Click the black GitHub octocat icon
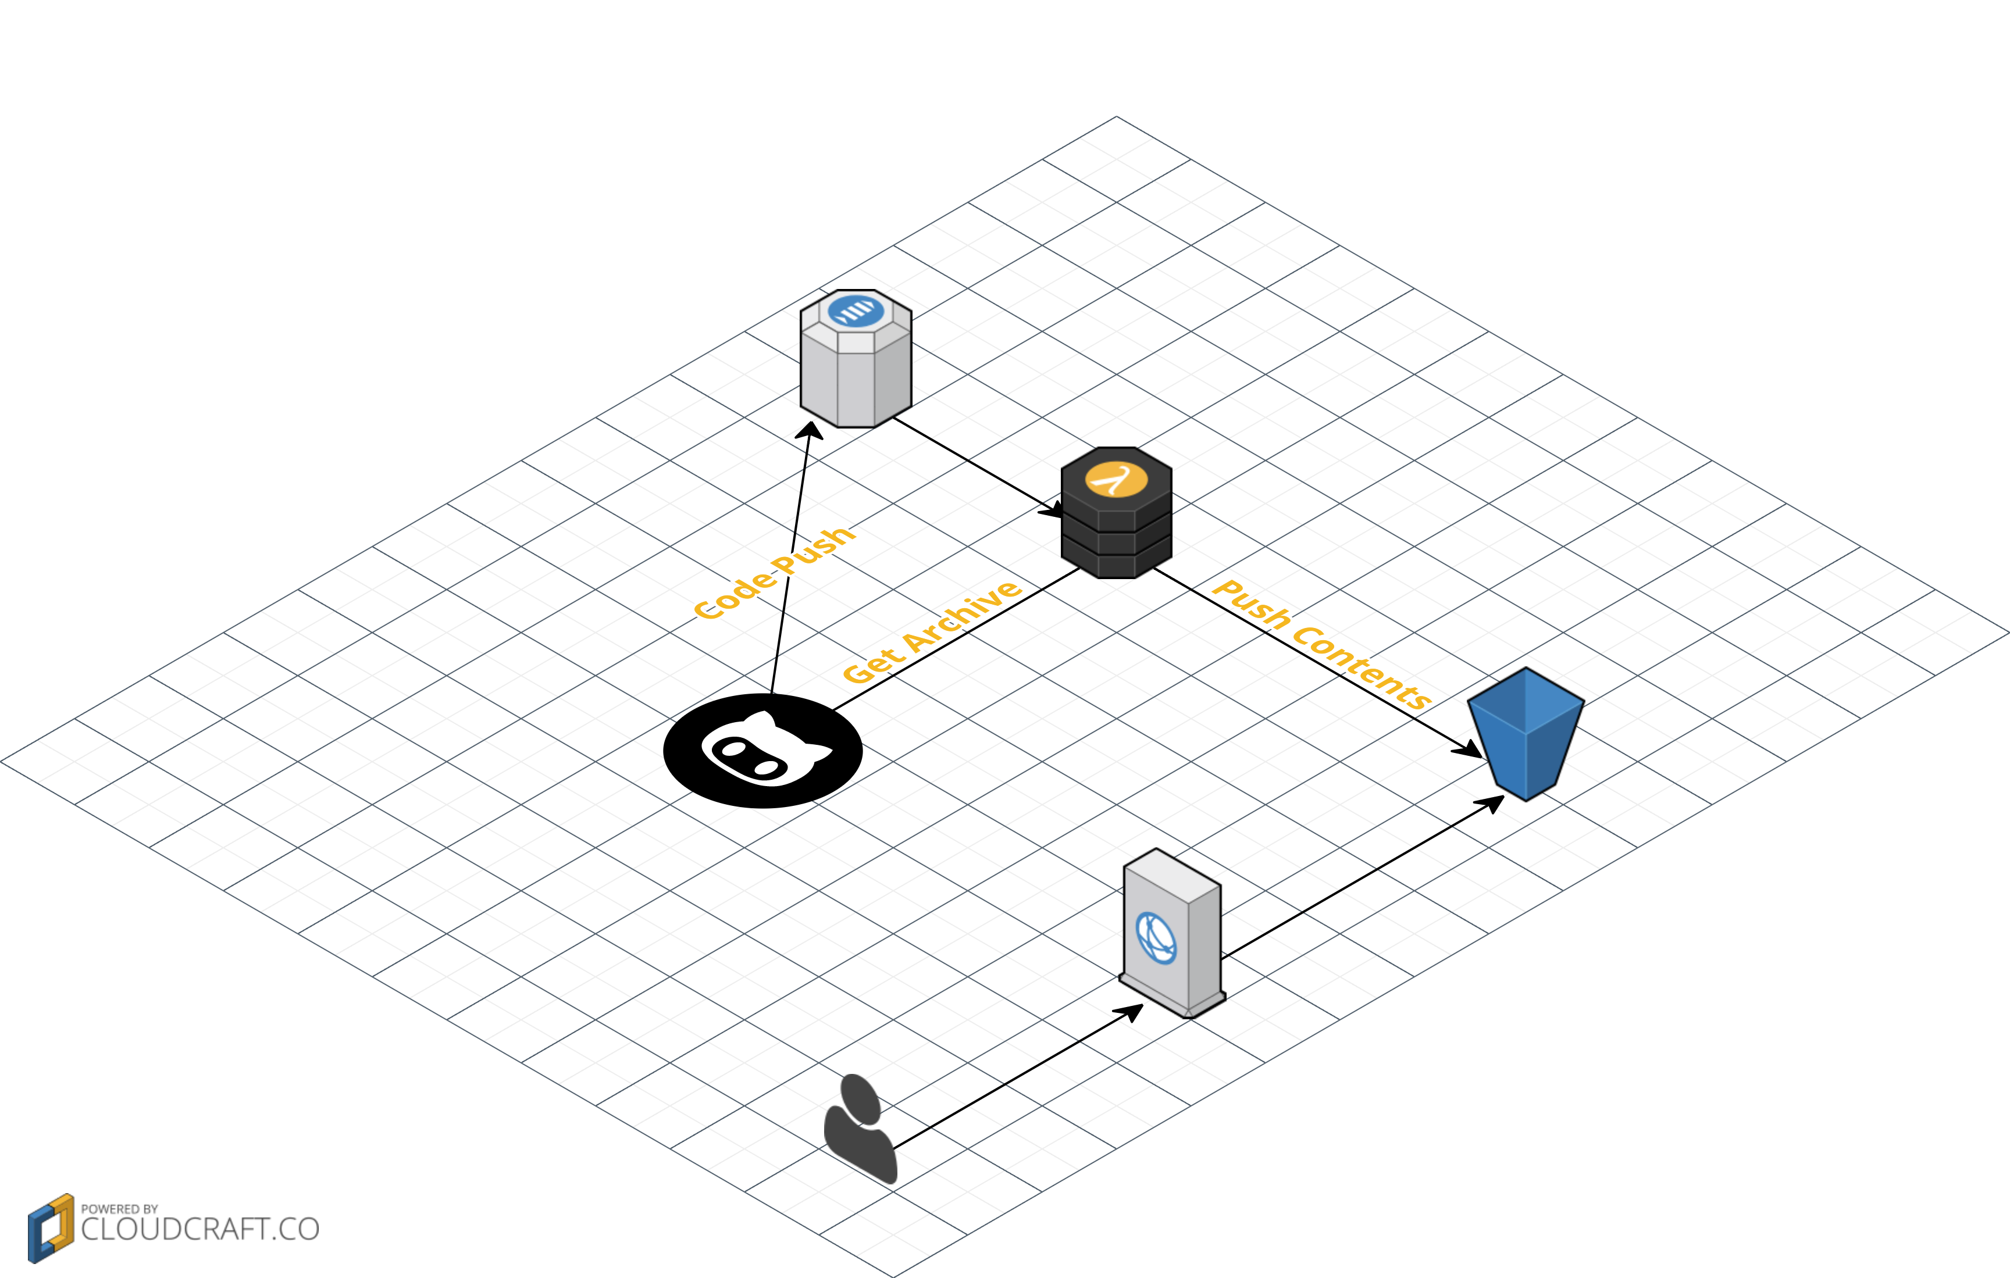(762, 751)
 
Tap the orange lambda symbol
(1116, 479)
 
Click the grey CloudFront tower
(1172, 935)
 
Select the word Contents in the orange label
(1362, 668)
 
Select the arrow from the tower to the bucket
(1360, 876)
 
